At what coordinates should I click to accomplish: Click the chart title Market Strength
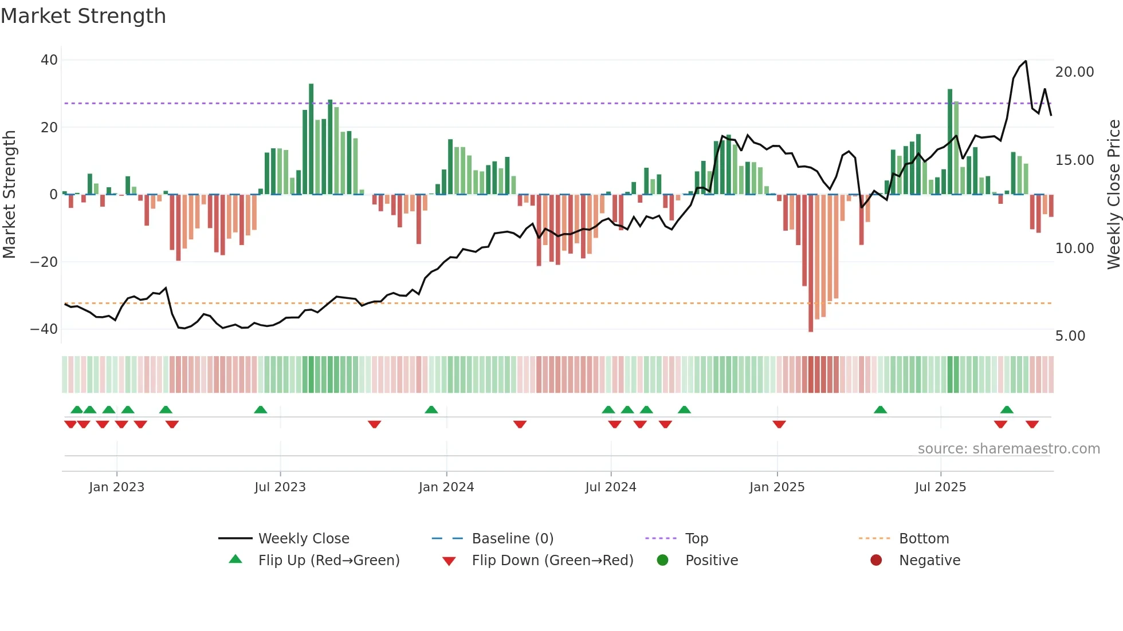coord(83,16)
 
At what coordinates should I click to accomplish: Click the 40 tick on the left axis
coord(49,60)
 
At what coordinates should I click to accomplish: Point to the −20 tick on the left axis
coord(44,262)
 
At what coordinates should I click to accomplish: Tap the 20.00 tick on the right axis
coord(1074,72)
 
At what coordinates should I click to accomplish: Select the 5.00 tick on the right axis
coord(1070,336)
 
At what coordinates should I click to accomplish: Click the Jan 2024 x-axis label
coord(446,487)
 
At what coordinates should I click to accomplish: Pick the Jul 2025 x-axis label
coord(940,487)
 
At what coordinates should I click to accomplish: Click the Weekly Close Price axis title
coord(1113,195)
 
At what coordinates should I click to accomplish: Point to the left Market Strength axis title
coord(10,195)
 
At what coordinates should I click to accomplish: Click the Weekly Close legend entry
coord(303,539)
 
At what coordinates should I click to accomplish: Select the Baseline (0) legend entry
coord(512,539)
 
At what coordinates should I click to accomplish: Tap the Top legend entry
coord(696,539)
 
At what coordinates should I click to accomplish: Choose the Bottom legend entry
coord(924,539)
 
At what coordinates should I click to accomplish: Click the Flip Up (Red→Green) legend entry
coord(328,561)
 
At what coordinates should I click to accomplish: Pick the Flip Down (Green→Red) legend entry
coord(552,561)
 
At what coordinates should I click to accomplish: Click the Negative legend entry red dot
coord(876,561)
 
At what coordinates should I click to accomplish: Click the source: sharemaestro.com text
coord(1008,449)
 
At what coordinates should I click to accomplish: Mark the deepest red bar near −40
coord(811,263)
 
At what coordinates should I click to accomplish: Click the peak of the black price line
coord(1026,61)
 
